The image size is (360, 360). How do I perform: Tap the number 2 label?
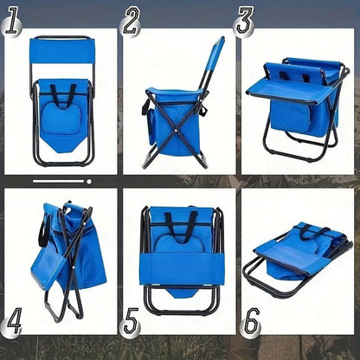point(131,21)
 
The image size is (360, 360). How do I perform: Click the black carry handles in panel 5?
point(179,223)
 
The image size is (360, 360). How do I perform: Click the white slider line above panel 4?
point(61,182)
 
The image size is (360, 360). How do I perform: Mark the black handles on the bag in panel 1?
point(61,93)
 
